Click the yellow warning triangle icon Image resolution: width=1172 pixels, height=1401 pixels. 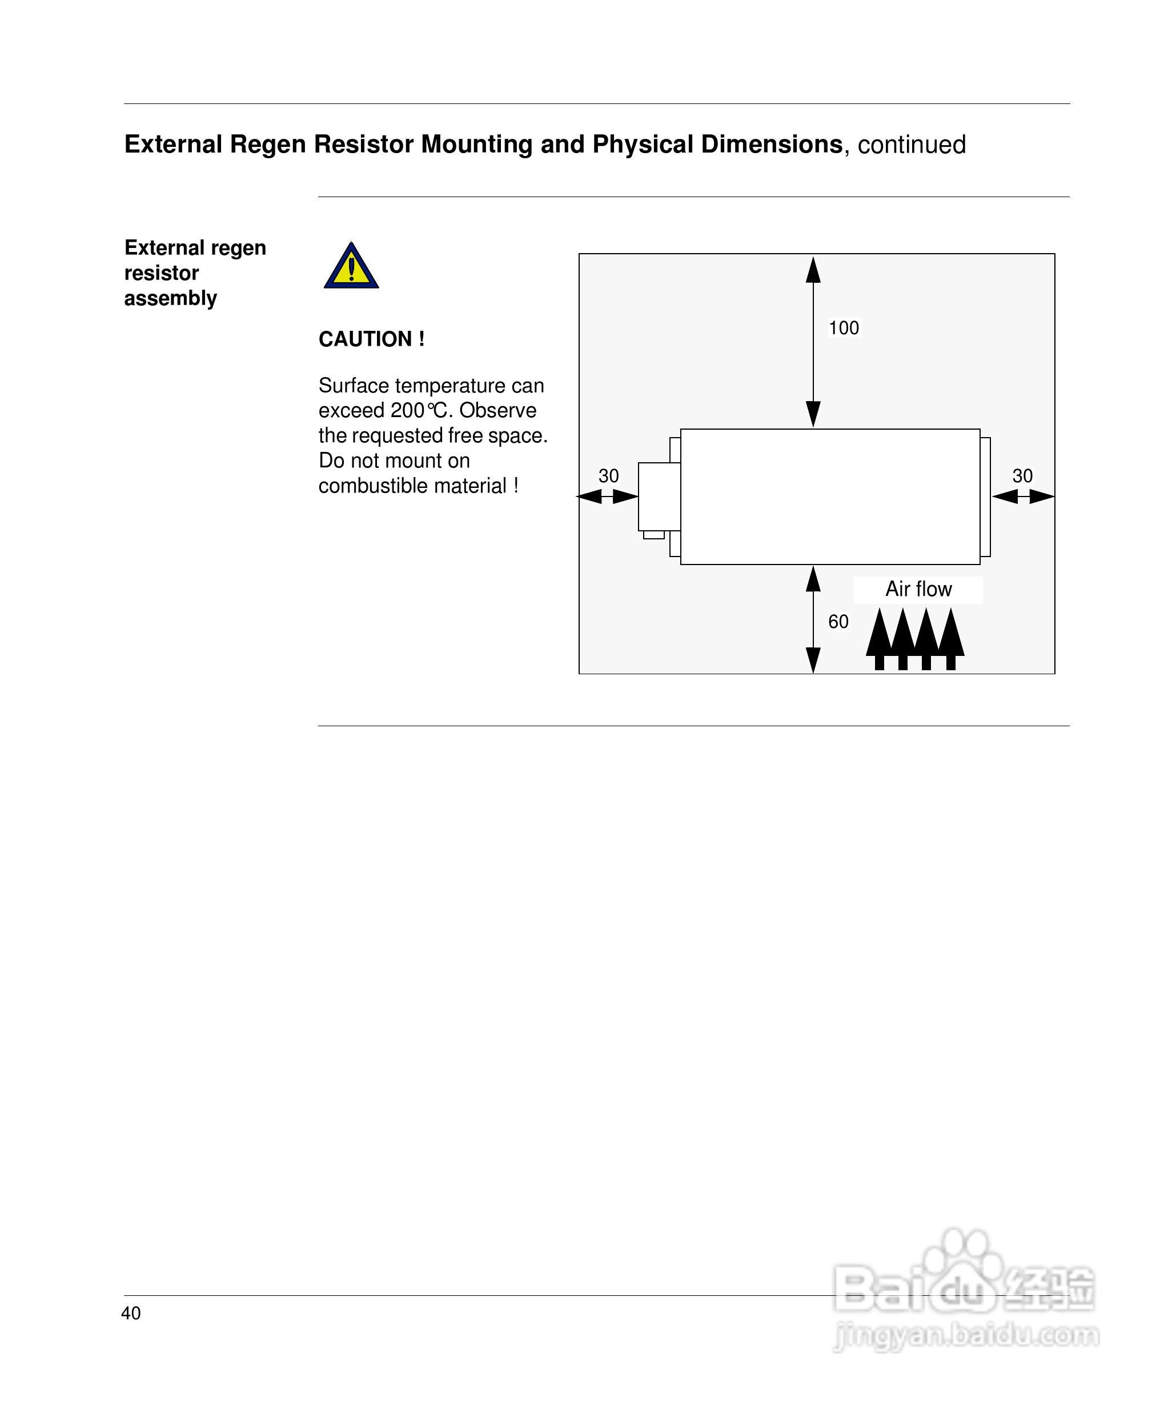(351, 267)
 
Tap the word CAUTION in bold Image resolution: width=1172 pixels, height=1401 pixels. (366, 339)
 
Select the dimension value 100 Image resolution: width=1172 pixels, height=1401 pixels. (843, 327)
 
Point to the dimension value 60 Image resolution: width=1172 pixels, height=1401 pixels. (838, 622)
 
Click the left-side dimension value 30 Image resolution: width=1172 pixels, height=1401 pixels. (608, 476)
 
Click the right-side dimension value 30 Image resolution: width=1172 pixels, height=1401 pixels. (1022, 476)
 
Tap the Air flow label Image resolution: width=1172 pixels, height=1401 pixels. (918, 589)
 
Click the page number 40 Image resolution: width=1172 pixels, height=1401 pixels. (131, 1313)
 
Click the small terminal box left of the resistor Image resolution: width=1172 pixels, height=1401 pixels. (659, 497)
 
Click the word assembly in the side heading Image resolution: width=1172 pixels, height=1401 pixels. (170, 298)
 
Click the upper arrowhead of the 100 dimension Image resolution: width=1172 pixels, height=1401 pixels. (813, 270)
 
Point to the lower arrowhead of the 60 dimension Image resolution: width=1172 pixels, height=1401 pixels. (813, 660)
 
